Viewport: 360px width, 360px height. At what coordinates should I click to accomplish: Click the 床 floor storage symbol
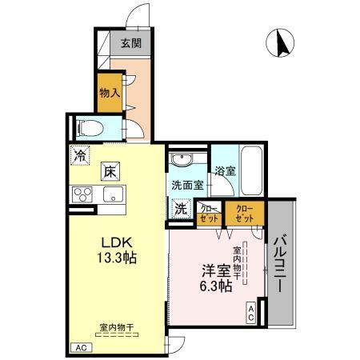coord(110,170)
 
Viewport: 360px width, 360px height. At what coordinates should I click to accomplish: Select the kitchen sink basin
coord(110,194)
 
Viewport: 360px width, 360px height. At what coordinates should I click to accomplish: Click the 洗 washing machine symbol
coord(181,208)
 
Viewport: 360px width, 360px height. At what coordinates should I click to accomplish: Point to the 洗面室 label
coord(186,185)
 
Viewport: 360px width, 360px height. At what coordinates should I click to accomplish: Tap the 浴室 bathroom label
coord(225,170)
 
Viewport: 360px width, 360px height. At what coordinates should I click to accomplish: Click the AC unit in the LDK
coord(80,348)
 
